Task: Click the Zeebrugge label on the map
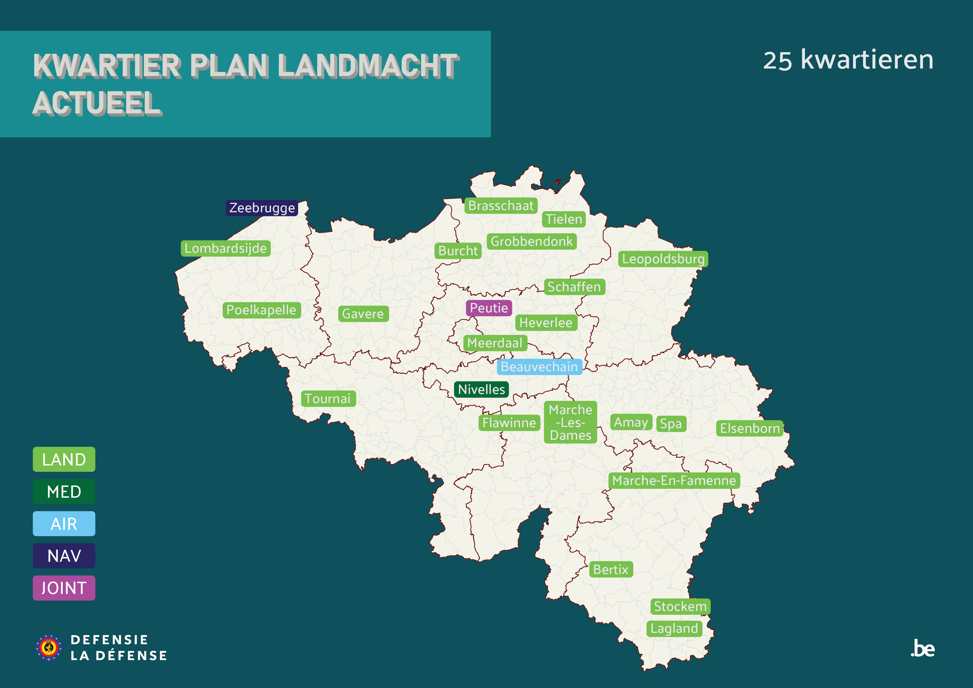pyautogui.click(x=262, y=208)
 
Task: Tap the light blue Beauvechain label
pyautogui.click(x=539, y=367)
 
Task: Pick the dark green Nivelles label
pyautogui.click(x=482, y=389)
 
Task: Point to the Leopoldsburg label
pyautogui.click(x=663, y=259)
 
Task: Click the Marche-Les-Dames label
pyautogui.click(x=571, y=422)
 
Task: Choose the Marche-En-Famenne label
pyautogui.click(x=674, y=480)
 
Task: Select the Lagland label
pyautogui.click(x=674, y=628)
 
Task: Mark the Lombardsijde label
pyautogui.click(x=225, y=248)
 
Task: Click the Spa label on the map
pyautogui.click(x=671, y=424)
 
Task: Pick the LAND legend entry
pyautogui.click(x=64, y=459)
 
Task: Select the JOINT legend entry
pyautogui.click(x=64, y=588)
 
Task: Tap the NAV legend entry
pyautogui.click(x=64, y=556)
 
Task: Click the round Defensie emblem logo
pyautogui.click(x=49, y=647)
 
